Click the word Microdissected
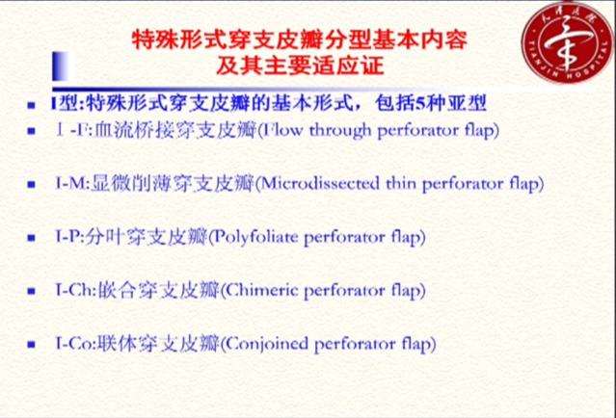[313, 181]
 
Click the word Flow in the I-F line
[281, 127]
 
